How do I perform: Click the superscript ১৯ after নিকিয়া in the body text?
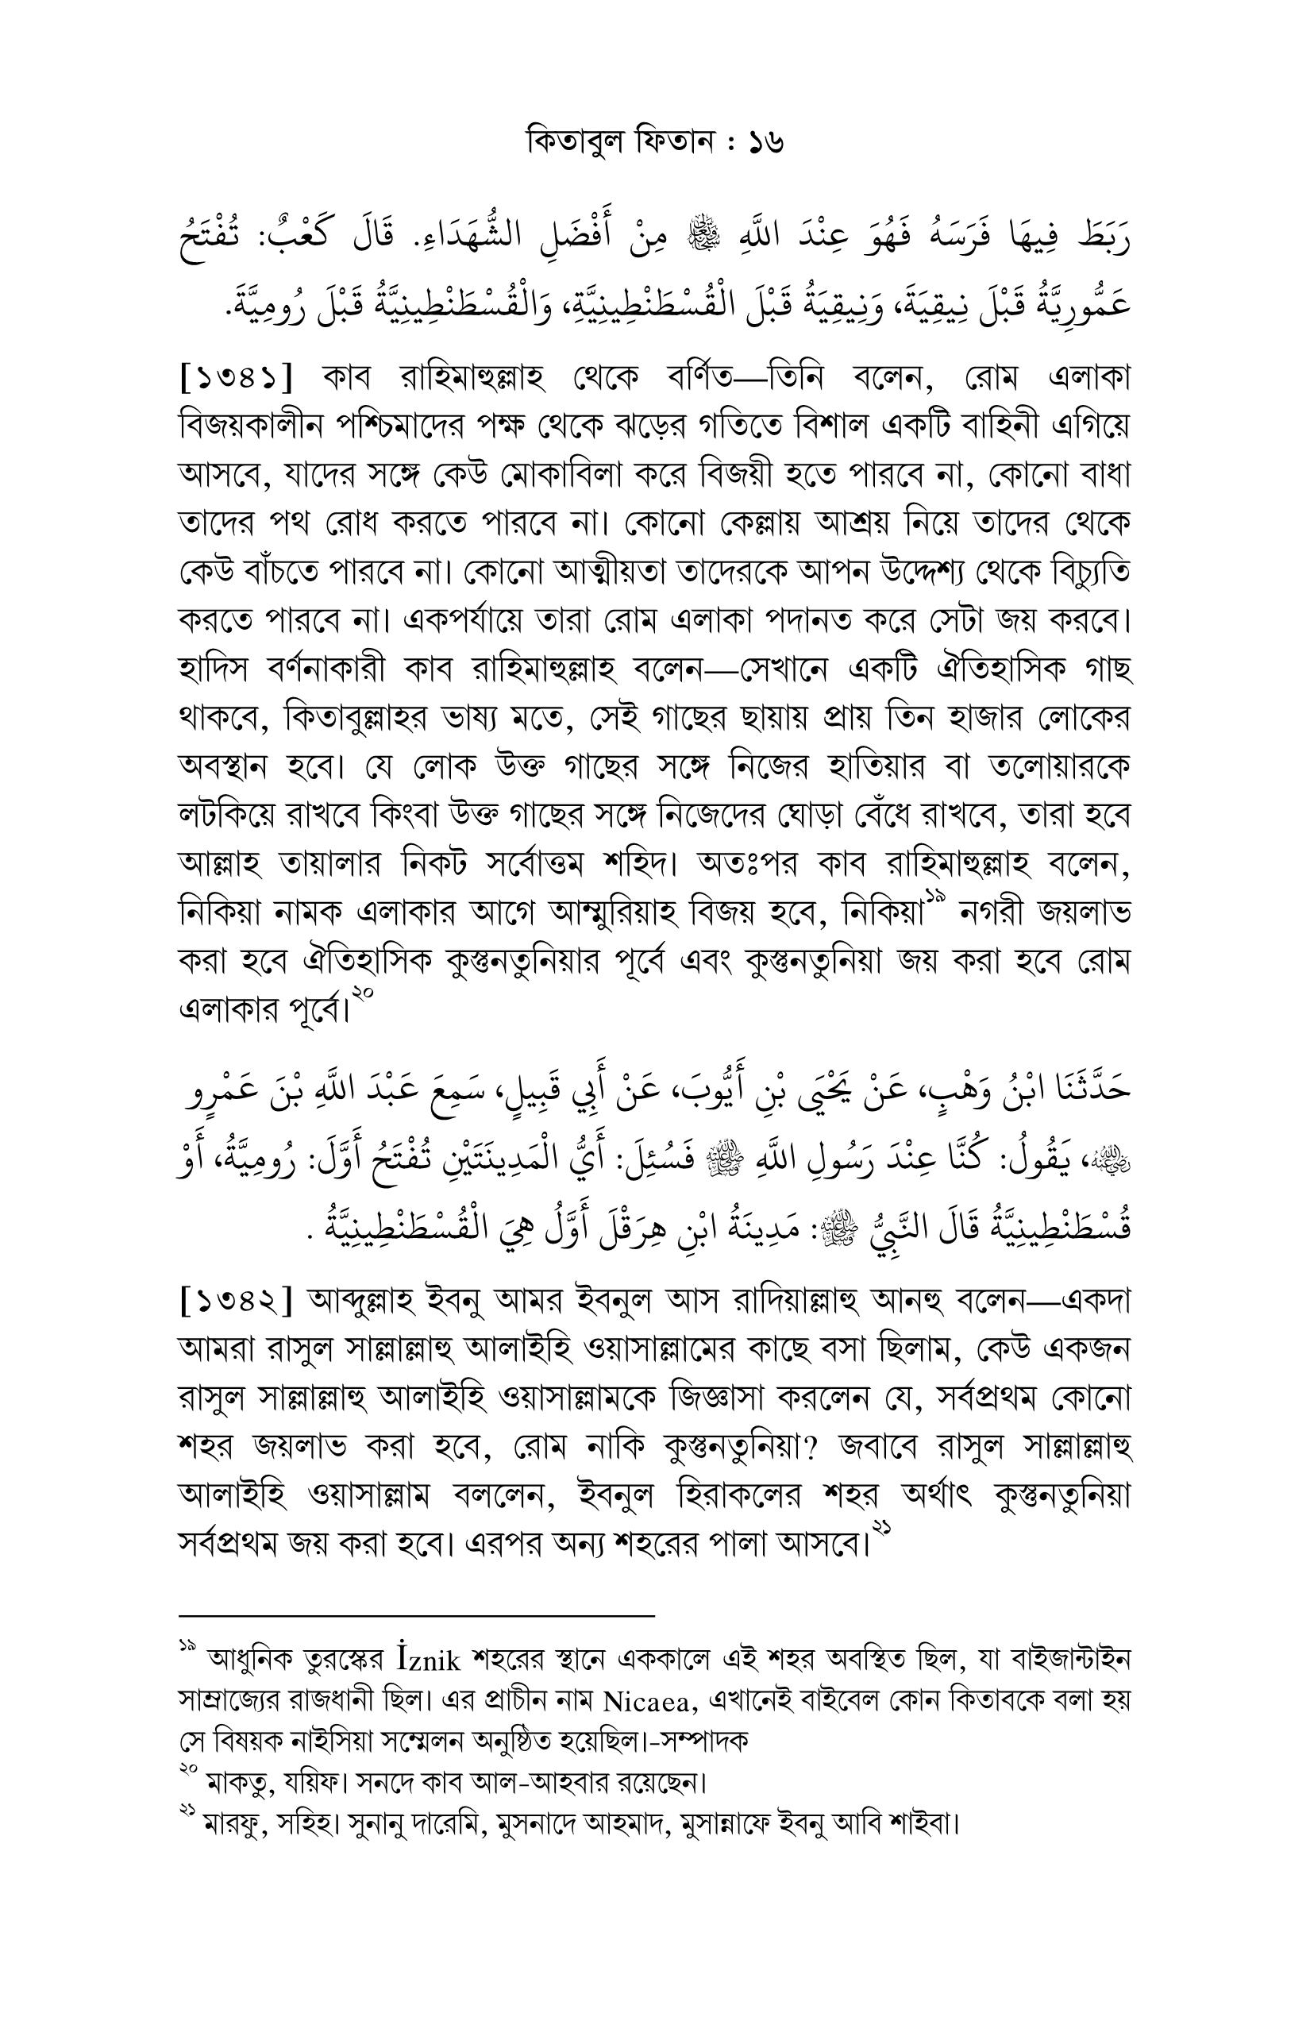[x=935, y=895]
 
